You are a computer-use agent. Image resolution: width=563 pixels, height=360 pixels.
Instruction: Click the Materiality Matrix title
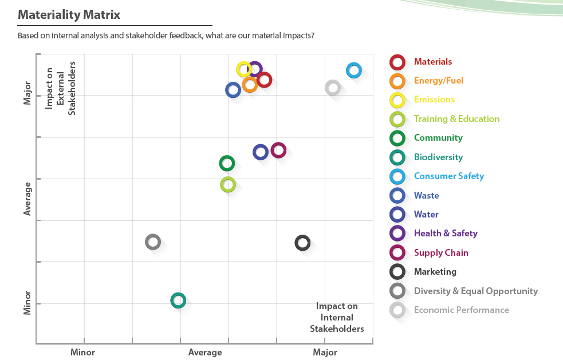pyautogui.click(x=69, y=15)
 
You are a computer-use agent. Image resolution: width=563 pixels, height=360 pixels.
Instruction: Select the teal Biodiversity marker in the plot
pyautogui.click(x=178, y=300)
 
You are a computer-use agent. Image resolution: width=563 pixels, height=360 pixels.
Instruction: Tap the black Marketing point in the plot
pyautogui.click(x=302, y=243)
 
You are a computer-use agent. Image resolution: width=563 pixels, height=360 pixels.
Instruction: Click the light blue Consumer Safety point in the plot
pyautogui.click(x=354, y=70)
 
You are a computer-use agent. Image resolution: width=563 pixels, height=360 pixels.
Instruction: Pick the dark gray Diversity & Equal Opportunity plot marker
pyautogui.click(x=152, y=242)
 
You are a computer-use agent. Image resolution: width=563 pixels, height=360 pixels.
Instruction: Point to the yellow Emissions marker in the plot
pyautogui.click(x=244, y=69)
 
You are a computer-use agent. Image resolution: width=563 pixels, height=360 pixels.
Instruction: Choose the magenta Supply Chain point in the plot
pyautogui.click(x=278, y=151)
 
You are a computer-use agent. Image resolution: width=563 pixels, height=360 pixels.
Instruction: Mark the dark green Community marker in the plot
pyautogui.click(x=227, y=163)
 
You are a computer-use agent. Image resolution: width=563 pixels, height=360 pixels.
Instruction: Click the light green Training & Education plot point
pyautogui.click(x=228, y=184)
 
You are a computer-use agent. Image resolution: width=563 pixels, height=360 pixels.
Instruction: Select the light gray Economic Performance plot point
pyautogui.click(x=333, y=88)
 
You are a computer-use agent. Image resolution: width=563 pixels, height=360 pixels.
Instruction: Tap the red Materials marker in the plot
pyautogui.click(x=264, y=80)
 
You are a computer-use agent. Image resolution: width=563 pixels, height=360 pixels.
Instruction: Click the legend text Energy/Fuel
pyautogui.click(x=438, y=81)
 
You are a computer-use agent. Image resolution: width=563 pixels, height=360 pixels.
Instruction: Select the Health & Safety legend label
pyautogui.click(x=446, y=234)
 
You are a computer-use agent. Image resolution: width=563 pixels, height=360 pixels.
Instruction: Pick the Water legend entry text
pyautogui.click(x=426, y=215)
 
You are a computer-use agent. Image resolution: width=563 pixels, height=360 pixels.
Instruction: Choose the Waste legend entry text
pyautogui.click(x=426, y=196)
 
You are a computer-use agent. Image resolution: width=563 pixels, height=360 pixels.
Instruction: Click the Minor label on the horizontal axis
pyautogui.click(x=82, y=352)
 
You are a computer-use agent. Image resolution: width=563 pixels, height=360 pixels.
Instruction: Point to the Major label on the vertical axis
pyautogui.click(x=27, y=96)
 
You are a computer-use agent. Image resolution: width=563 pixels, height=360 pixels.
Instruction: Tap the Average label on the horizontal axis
pyautogui.click(x=205, y=352)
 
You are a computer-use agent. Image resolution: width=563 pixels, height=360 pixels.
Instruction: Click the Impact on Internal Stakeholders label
pyautogui.click(x=337, y=318)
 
